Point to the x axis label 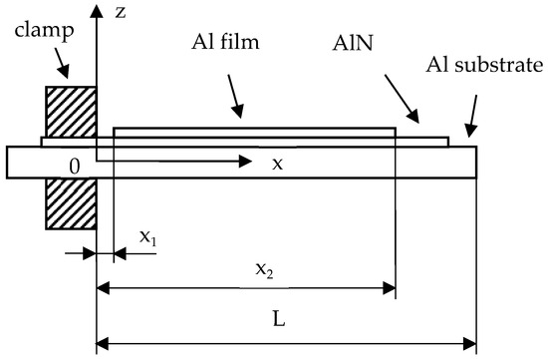coord(278,164)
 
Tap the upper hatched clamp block coord(71,113)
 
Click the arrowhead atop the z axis coord(96,13)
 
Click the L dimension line coord(286,346)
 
